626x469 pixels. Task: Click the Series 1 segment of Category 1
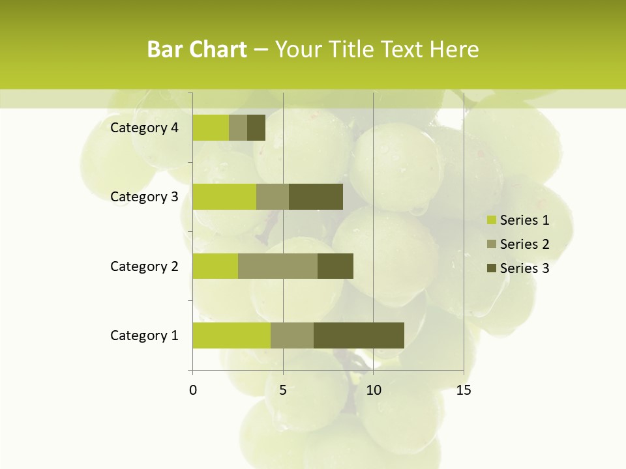click(231, 335)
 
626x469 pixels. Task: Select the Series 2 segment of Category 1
click(292, 335)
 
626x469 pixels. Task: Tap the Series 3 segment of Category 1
click(359, 335)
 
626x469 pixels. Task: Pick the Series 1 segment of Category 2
click(215, 266)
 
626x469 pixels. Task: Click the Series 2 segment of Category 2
click(278, 266)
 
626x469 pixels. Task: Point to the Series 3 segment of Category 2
click(335, 266)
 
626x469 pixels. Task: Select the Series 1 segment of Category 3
click(224, 197)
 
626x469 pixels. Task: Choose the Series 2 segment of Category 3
click(273, 197)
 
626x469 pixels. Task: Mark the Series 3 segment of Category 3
click(316, 197)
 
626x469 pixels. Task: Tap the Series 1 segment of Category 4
click(211, 128)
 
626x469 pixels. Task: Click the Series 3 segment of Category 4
click(256, 128)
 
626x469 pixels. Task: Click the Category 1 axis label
click(144, 335)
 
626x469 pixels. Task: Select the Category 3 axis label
click(144, 197)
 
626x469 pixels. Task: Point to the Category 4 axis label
click(144, 128)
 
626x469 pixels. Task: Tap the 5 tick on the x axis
click(283, 390)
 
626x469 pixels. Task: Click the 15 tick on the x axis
click(464, 390)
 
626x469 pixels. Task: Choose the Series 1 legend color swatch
click(492, 220)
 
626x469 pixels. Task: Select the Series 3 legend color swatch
click(492, 268)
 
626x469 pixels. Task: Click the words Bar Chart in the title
click(197, 50)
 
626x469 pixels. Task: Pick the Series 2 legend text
click(524, 244)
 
